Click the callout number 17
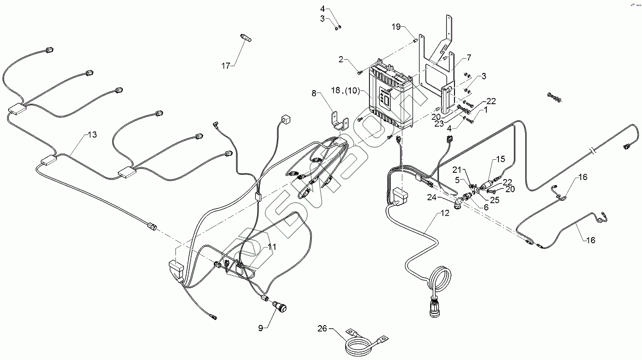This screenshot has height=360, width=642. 225,66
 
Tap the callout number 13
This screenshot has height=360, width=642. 92,134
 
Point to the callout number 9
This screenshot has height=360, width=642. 261,328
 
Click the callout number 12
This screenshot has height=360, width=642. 444,213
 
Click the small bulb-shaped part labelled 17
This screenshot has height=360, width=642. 246,38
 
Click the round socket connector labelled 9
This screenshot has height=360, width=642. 279,306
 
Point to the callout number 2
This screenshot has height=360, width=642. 342,59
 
